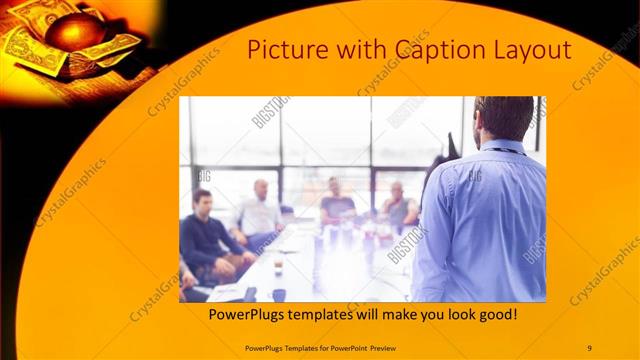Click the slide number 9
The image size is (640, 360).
pyautogui.click(x=589, y=347)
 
